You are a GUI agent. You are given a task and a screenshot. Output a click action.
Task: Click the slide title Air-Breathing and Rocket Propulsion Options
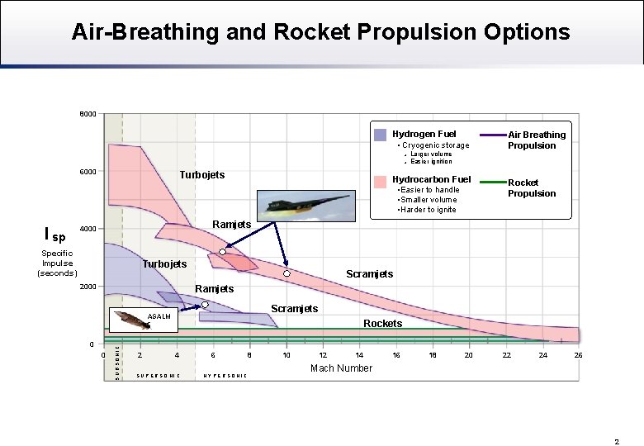click(320, 32)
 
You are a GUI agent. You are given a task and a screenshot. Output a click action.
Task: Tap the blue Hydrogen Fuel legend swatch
click(380, 135)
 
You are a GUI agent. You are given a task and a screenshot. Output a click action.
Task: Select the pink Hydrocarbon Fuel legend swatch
click(380, 182)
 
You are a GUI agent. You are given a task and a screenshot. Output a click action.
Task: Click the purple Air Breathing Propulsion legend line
click(493, 135)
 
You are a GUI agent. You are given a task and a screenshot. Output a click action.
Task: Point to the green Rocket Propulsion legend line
click(493, 182)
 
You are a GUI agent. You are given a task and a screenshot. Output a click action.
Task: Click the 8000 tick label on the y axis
click(88, 113)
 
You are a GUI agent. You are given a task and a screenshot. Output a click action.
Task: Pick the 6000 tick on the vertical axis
click(88, 172)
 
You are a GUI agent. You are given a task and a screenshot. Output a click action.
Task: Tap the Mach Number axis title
click(341, 368)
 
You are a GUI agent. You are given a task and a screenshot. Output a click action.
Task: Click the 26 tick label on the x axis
click(579, 355)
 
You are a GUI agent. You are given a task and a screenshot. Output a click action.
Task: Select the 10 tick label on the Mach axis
click(286, 355)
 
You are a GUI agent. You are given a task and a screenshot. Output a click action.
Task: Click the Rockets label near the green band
click(383, 324)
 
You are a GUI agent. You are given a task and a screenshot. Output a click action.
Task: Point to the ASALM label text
click(159, 316)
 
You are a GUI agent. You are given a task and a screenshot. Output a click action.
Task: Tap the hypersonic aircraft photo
click(307, 206)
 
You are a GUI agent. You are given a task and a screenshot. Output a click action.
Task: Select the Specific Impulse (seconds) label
click(57, 263)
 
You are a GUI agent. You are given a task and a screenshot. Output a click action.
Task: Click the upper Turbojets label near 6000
click(202, 175)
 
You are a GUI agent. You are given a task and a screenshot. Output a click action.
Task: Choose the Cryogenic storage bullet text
click(435, 145)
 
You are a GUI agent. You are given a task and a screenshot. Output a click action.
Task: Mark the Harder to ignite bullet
click(427, 209)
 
